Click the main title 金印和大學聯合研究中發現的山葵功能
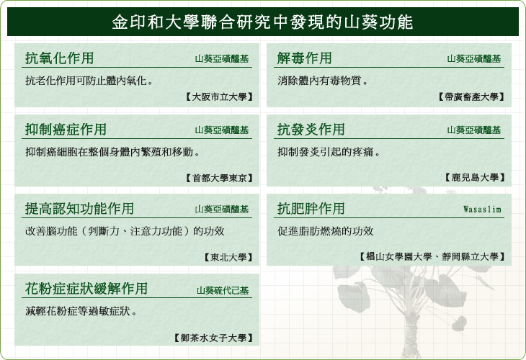(262, 22)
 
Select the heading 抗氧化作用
(59, 58)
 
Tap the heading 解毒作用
(304, 58)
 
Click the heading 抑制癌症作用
(66, 130)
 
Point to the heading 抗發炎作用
(311, 130)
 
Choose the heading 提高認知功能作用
(79, 209)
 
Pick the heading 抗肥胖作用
(311, 209)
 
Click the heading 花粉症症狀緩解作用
(86, 288)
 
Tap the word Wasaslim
(482, 210)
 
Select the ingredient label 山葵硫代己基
(223, 291)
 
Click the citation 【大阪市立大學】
(219, 97)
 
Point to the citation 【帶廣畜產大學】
(471, 97)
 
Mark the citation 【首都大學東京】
(219, 178)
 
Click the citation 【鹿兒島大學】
(475, 177)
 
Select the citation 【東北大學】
(228, 257)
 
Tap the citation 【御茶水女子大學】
(213, 338)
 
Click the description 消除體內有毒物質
(322, 81)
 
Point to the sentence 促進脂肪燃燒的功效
(325, 231)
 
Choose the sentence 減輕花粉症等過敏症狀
(81, 311)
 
